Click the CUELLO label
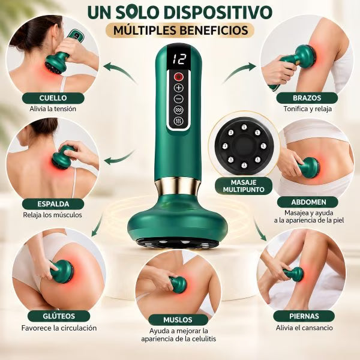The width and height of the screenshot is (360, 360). pos(53,98)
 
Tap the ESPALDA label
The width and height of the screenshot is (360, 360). pos(53,204)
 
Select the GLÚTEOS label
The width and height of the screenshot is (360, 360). pos(59,316)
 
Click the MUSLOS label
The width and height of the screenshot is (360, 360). pos(178,320)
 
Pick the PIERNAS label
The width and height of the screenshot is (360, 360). pos(304,316)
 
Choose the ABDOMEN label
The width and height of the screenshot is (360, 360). pos(308,202)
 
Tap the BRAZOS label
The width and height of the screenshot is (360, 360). pos(307,98)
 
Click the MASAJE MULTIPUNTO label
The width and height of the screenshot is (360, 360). pos(244,186)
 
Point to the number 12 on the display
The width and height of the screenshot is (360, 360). pos(179,59)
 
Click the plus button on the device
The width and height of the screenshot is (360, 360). pos(179,88)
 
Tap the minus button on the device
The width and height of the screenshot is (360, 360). pos(179,99)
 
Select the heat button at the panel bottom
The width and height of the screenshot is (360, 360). pos(179,121)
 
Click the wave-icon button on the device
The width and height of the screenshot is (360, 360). pos(179,110)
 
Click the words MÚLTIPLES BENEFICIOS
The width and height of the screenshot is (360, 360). pos(181,31)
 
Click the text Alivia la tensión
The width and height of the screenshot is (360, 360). pos(53,109)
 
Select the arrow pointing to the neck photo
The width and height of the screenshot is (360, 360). pos(121,71)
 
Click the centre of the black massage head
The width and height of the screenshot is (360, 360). pos(244,146)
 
